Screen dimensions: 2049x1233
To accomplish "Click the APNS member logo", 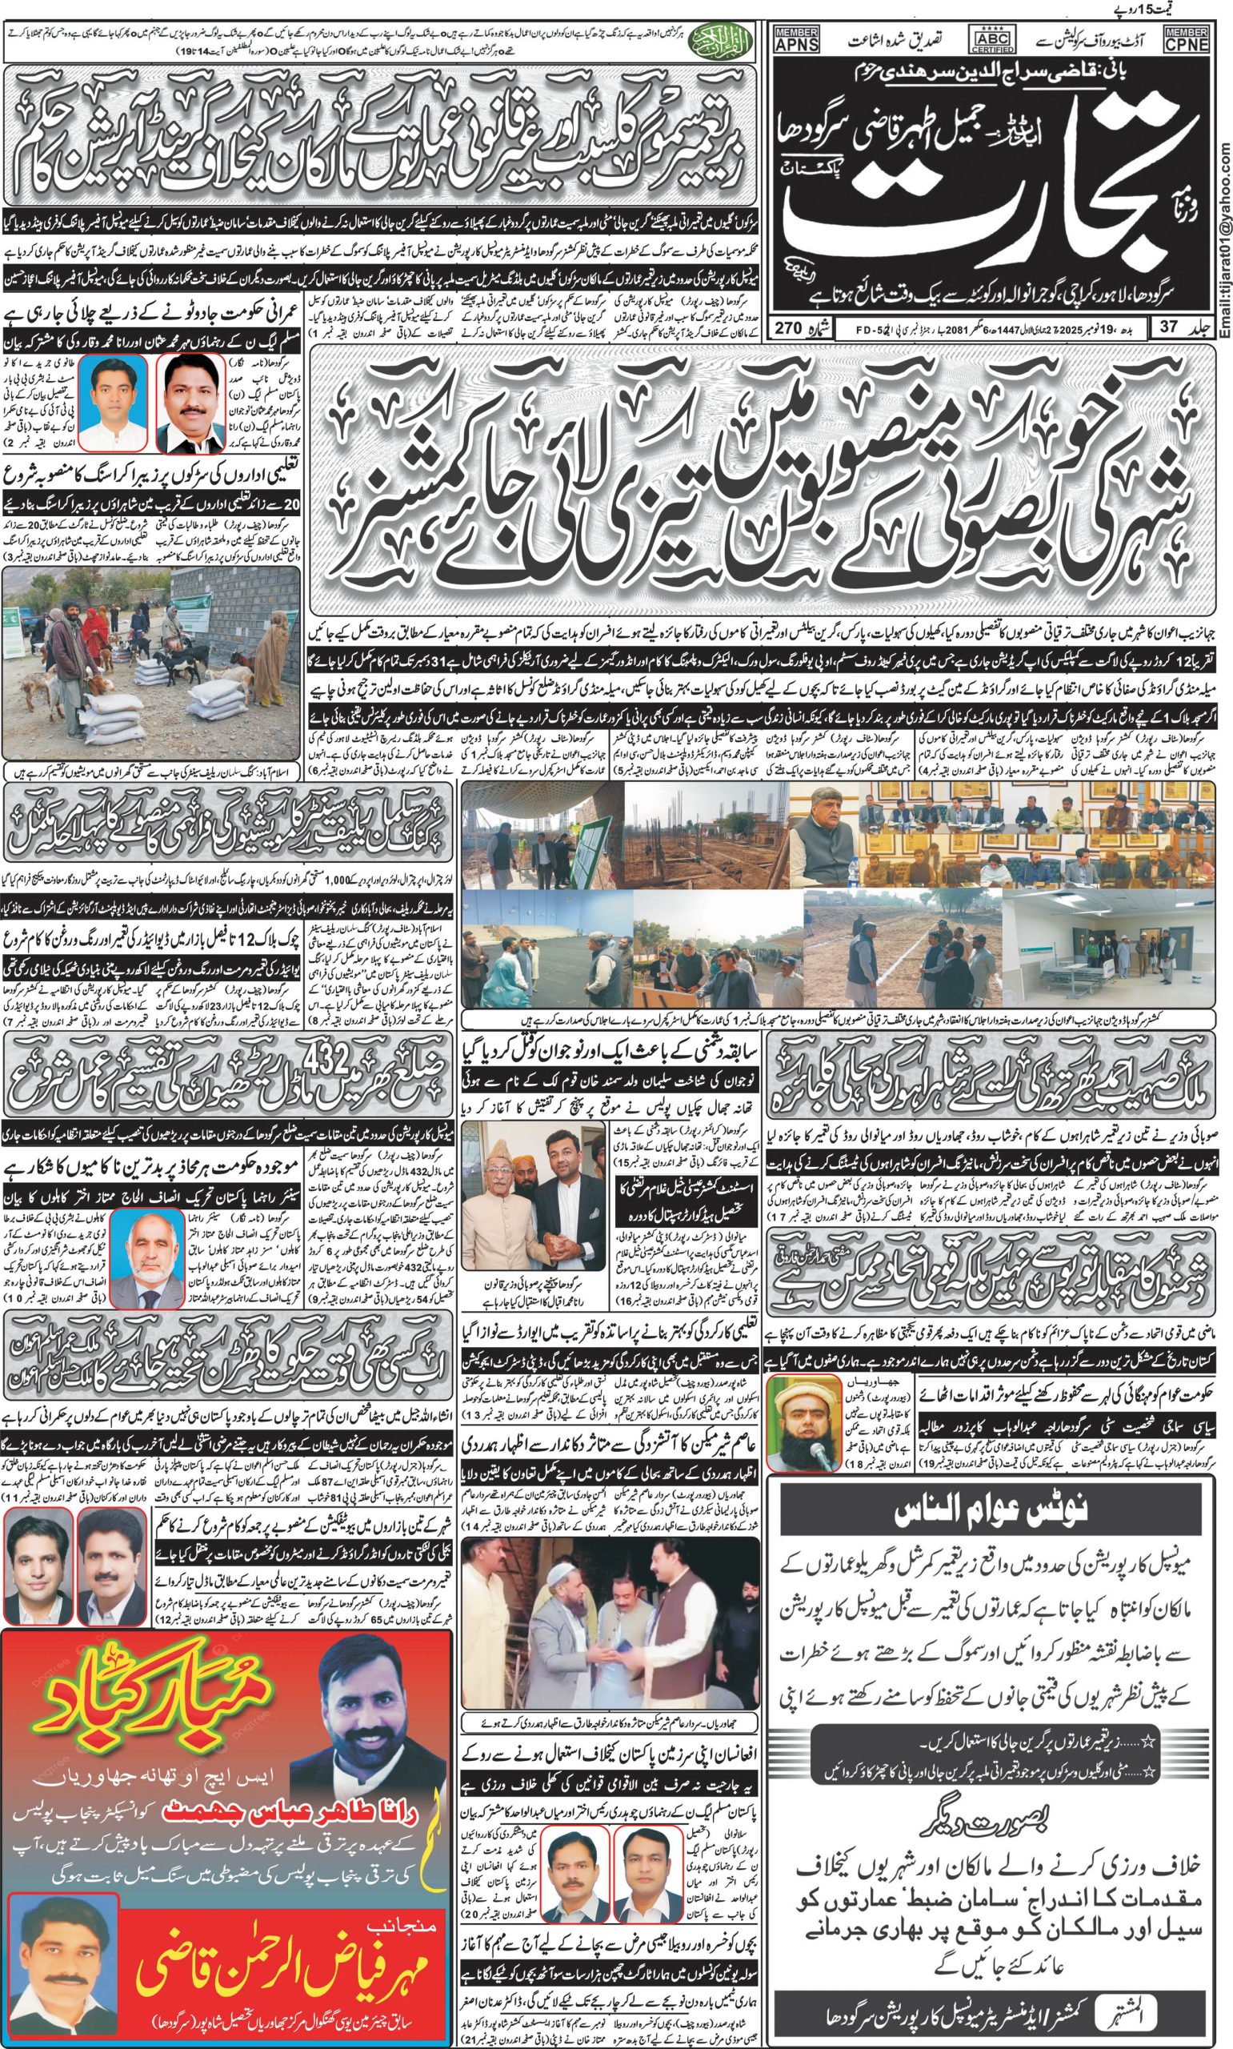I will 796,40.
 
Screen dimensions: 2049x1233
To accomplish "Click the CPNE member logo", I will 1187,40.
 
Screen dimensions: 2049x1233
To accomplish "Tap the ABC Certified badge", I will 992,39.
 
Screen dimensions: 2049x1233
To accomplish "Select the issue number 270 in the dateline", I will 787,327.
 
